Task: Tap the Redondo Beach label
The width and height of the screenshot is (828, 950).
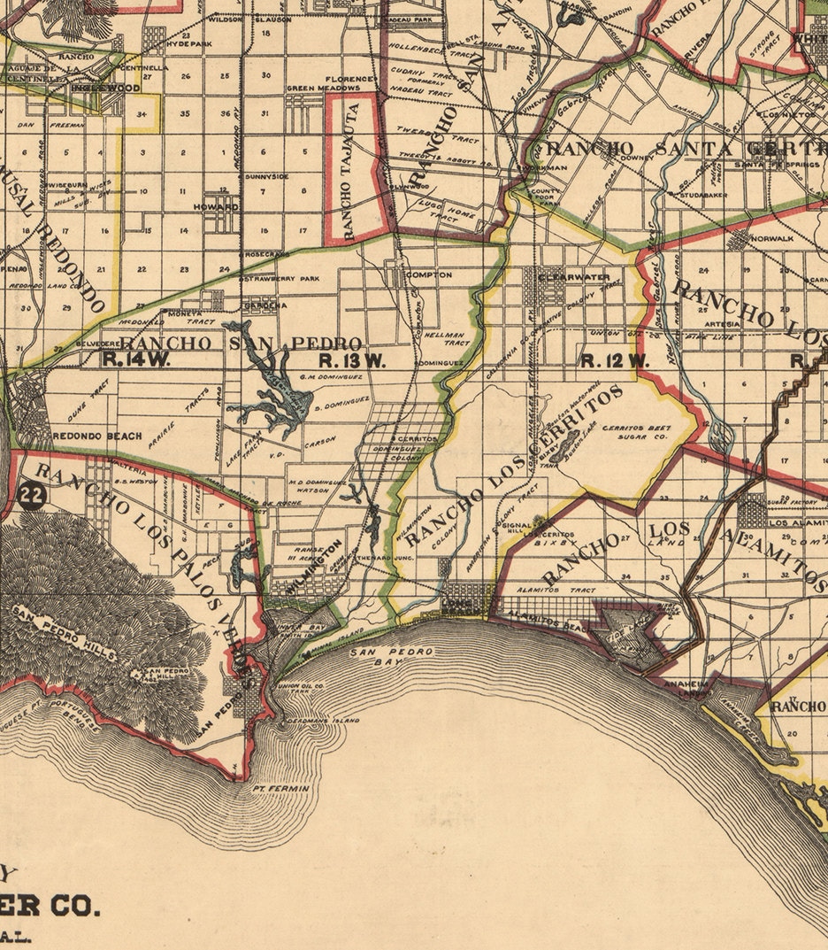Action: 85,436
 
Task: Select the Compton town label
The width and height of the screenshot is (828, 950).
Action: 429,275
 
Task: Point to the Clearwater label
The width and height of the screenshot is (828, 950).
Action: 568,276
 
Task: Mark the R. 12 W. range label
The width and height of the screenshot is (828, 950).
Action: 616,360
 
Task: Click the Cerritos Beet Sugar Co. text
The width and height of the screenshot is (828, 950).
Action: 637,434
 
